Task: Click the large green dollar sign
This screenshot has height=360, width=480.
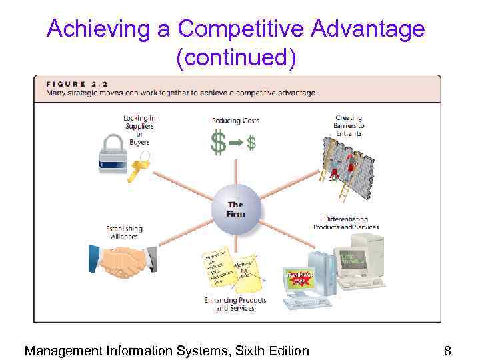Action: [x=218, y=143]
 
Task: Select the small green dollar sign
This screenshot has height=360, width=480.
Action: [x=252, y=143]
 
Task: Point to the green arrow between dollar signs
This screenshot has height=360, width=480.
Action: [x=236, y=143]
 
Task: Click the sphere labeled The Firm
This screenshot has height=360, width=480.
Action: [x=235, y=209]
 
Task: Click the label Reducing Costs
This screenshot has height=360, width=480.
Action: [x=235, y=121]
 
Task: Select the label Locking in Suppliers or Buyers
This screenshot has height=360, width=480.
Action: [x=139, y=130]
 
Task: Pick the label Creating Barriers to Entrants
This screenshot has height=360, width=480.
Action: [x=349, y=126]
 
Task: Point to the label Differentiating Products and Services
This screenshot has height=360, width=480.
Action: [x=346, y=223]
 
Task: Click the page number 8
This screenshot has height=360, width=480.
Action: [x=448, y=351]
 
